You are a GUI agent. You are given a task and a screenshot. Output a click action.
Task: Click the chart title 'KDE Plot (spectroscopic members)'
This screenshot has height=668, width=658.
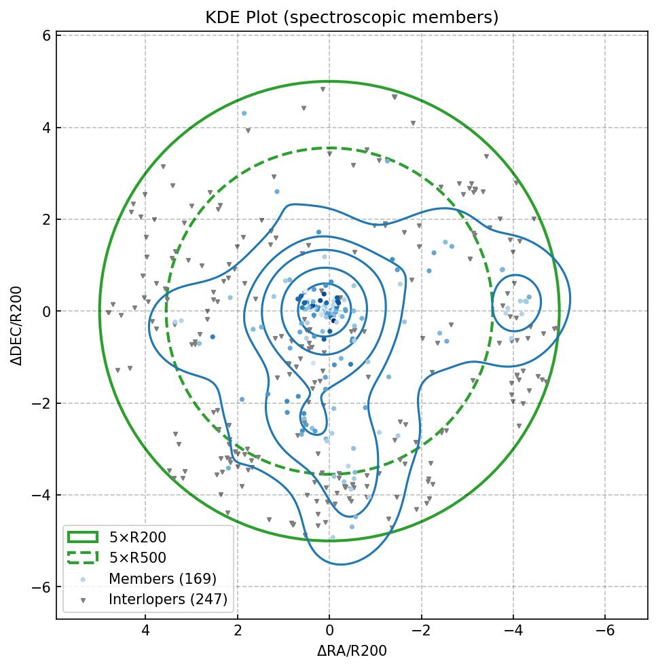pyautogui.click(x=352, y=18)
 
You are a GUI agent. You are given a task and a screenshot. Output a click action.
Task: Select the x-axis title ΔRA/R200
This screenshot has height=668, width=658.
pyautogui.click(x=352, y=651)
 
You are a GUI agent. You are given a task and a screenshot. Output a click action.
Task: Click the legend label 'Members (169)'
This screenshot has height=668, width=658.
pyautogui.click(x=162, y=578)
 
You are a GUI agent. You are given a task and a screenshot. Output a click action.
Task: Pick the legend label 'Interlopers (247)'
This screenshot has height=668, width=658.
pyautogui.click(x=168, y=599)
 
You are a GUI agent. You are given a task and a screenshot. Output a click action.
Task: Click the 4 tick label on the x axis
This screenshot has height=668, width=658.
pyautogui.click(x=145, y=631)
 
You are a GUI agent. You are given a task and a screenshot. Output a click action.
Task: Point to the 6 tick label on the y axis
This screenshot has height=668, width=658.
pyautogui.click(x=45, y=36)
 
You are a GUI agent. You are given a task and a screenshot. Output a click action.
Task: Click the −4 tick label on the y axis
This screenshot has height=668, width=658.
pyautogui.click(x=42, y=495)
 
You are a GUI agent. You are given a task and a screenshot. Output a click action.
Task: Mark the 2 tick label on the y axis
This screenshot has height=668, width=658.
pyautogui.click(x=45, y=219)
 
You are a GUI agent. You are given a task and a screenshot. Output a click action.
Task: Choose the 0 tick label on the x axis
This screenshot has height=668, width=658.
pyautogui.click(x=329, y=631)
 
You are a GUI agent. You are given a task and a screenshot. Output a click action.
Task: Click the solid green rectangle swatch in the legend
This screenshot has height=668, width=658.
pyautogui.click(x=83, y=538)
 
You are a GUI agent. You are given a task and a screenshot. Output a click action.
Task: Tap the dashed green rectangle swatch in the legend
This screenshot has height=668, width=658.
pyautogui.click(x=83, y=558)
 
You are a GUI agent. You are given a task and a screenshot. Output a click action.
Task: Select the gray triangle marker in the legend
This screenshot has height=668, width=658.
pyautogui.click(x=83, y=600)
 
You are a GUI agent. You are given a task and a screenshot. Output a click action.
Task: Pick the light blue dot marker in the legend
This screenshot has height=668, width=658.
pyautogui.click(x=83, y=579)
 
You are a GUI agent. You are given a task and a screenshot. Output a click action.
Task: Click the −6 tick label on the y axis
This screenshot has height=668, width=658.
pyautogui.click(x=42, y=587)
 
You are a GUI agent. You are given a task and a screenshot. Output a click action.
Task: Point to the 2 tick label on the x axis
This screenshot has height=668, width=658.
pyautogui.click(x=238, y=631)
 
